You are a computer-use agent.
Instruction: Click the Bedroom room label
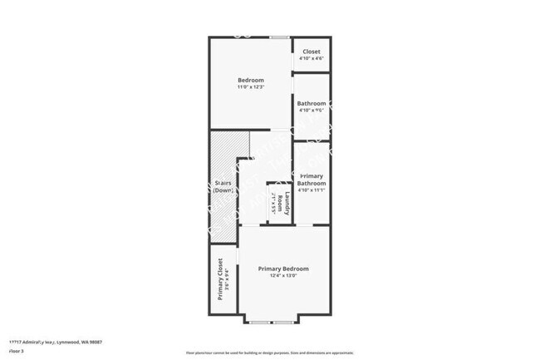[250, 80]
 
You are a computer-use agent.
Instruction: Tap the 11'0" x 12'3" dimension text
[250, 88]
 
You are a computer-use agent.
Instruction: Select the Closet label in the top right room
[312, 52]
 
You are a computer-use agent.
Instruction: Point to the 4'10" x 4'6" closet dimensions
[312, 58]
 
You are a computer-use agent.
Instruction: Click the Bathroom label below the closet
[312, 103]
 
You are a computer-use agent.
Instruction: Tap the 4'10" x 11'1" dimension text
[312, 190]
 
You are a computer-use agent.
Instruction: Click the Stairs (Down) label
[223, 186]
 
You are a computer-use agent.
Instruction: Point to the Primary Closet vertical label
[220, 279]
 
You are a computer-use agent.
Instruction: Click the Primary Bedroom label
[283, 269]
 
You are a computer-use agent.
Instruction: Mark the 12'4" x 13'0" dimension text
[283, 276]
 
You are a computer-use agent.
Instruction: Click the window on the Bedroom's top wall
[280, 37]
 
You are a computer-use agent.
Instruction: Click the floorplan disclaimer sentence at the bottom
[271, 353]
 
